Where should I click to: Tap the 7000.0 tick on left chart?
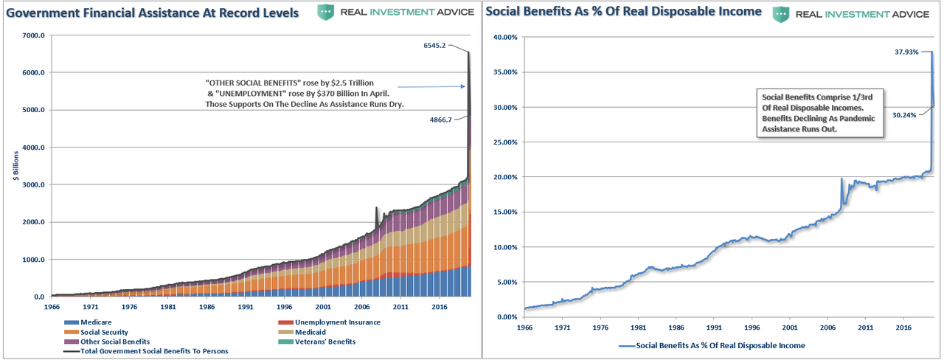(x=33, y=35)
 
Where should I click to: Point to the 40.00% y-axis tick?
(x=506, y=37)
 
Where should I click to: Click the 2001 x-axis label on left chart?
(x=322, y=305)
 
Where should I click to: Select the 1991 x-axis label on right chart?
(x=713, y=325)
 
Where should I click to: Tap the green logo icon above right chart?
(x=782, y=13)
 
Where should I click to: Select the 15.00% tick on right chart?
(x=506, y=212)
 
